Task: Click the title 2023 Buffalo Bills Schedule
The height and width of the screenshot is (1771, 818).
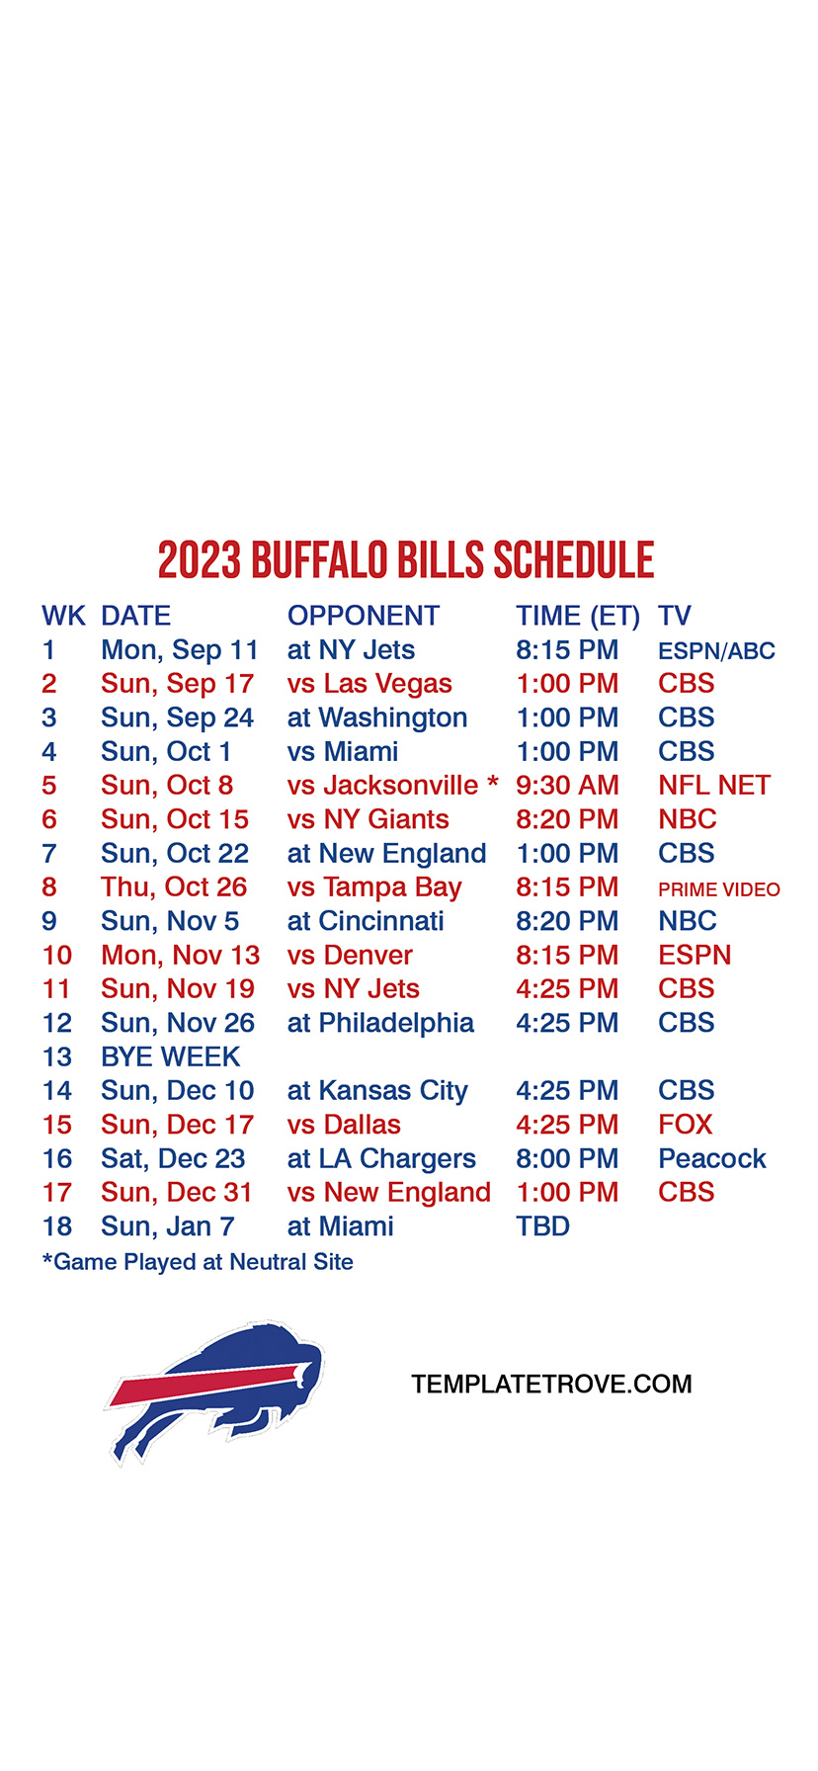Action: pos(406,560)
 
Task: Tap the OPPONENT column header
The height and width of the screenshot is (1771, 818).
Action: pos(364,616)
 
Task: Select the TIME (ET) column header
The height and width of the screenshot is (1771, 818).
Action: pos(578,617)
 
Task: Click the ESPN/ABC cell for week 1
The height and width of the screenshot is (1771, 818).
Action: pos(716,651)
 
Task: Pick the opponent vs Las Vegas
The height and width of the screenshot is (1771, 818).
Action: pos(369,684)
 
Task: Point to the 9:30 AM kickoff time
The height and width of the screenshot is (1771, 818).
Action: pos(567,786)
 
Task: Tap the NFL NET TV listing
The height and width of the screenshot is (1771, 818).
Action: pos(714,786)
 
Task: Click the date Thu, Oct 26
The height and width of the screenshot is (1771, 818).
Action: pos(174,887)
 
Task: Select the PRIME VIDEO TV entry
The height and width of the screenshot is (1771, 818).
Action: pos(719,889)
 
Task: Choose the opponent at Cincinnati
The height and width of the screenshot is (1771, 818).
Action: pos(366,921)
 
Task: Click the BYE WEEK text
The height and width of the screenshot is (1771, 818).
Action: pos(170,1056)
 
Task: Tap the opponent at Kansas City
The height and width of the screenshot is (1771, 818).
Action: pos(377,1091)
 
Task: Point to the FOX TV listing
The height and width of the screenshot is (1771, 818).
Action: pos(686,1125)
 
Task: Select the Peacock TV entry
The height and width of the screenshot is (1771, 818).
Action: pos(712,1158)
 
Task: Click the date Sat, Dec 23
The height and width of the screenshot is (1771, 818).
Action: pos(173,1158)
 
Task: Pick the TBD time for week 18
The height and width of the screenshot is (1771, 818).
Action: pos(542,1226)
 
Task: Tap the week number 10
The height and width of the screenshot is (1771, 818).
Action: pos(57,956)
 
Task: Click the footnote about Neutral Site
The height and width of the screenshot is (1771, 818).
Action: pos(198,1262)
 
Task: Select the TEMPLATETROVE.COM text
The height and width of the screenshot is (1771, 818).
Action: pos(551,1385)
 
